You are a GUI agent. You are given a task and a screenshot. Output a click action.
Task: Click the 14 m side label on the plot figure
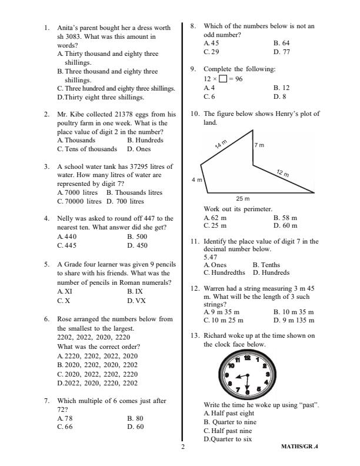click(x=221, y=144)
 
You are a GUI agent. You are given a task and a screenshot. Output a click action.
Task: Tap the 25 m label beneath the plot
click(x=243, y=198)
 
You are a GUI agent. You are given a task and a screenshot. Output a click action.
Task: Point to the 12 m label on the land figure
click(x=282, y=173)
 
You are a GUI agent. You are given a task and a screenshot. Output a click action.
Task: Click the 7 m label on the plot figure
click(x=259, y=144)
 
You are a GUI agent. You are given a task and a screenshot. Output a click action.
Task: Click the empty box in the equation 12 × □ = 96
click(x=224, y=79)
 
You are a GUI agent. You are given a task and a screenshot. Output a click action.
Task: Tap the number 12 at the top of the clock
click(x=247, y=358)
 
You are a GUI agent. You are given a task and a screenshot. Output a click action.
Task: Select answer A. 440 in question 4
click(x=67, y=237)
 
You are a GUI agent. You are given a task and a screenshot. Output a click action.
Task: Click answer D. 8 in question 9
click(x=280, y=96)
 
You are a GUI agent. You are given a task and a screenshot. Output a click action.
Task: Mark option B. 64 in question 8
click(x=281, y=43)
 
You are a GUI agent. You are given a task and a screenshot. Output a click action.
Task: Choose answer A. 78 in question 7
click(x=66, y=418)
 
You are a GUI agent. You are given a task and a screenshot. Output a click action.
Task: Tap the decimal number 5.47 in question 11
click(x=211, y=257)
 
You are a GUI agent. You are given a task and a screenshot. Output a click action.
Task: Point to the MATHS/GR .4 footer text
click(x=304, y=447)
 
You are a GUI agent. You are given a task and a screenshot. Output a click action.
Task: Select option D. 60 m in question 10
click(x=285, y=225)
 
